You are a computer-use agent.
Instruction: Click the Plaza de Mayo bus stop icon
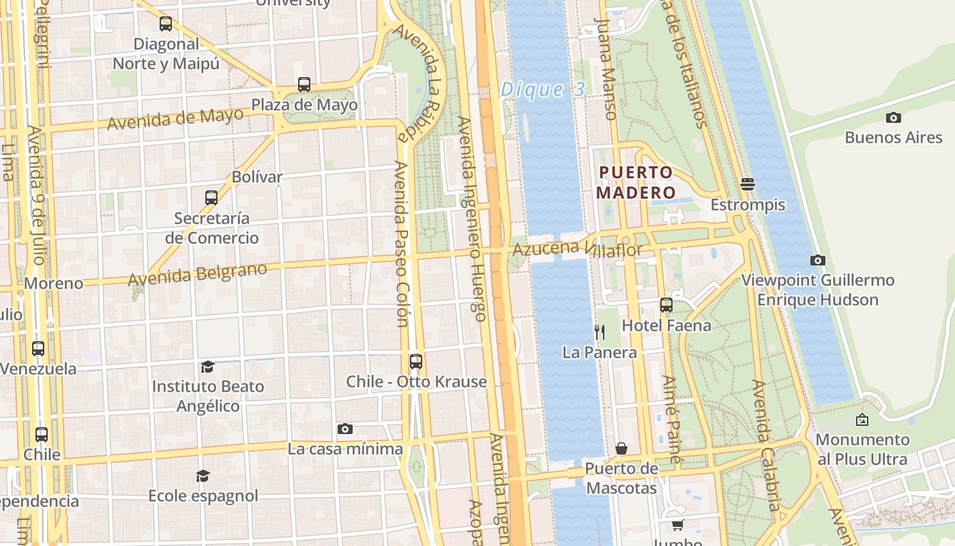point(304,85)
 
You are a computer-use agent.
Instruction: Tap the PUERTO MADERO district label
point(636,182)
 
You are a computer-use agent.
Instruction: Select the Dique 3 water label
point(542,89)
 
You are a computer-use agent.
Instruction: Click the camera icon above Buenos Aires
point(893,117)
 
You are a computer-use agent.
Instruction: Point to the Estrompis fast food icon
point(748,184)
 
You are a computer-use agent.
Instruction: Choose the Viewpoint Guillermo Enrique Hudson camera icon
point(817,260)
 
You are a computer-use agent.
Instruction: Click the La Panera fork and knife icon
point(600,332)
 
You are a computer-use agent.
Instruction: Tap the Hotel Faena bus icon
point(666,305)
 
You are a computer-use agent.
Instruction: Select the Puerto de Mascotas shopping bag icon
point(621,448)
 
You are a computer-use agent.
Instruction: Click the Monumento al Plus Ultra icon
point(862,420)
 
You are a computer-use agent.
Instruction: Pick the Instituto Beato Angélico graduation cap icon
point(207,367)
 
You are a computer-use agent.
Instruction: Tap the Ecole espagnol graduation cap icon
point(203,476)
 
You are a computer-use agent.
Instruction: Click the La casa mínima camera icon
point(345,429)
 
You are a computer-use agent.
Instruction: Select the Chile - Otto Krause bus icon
point(416,362)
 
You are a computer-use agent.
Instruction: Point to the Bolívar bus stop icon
point(211,198)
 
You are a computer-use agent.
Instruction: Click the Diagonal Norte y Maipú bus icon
point(166,24)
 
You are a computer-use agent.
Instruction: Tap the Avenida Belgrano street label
point(197,274)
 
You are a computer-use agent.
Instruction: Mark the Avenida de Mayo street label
point(175,119)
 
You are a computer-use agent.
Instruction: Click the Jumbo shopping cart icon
point(677,525)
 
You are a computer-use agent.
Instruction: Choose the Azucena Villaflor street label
point(577,250)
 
